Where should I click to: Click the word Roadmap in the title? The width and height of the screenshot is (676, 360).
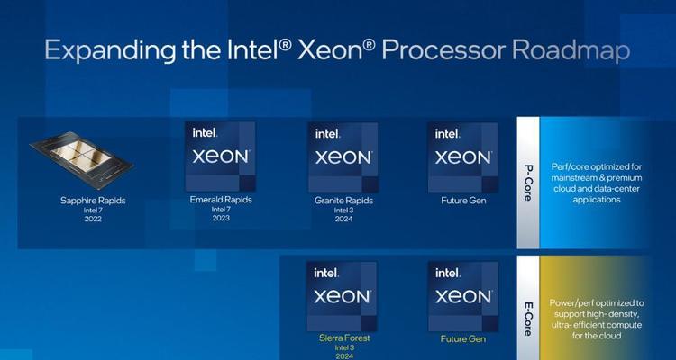coord(571,51)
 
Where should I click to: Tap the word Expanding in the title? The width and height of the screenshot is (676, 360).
coord(110,51)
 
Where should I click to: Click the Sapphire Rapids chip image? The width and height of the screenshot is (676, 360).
coord(81,160)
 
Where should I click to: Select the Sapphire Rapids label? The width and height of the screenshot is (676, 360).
coord(93,201)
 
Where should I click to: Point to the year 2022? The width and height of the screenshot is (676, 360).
coord(93,219)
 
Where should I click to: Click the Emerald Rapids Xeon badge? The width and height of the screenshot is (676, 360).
coord(220,157)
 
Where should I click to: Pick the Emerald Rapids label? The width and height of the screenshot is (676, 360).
coord(221,200)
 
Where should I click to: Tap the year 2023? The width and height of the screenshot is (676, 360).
coord(221,218)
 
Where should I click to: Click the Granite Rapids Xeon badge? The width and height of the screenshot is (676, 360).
coord(343,157)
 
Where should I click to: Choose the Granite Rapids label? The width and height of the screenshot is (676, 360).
coord(343,201)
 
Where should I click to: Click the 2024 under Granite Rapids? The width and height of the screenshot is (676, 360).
coord(343,219)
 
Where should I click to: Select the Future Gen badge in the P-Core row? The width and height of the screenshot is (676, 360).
coord(462,157)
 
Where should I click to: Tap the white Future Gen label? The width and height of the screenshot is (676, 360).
coord(463,201)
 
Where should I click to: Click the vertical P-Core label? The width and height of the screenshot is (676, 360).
coord(528,182)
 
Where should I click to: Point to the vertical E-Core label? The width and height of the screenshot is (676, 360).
coord(528,319)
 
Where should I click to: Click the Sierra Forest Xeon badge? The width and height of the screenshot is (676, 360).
coord(342,296)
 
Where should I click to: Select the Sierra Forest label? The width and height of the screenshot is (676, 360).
coord(343,338)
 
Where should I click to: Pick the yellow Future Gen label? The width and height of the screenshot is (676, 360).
coord(463,339)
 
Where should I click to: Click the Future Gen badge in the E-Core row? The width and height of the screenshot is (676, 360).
coord(462,296)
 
